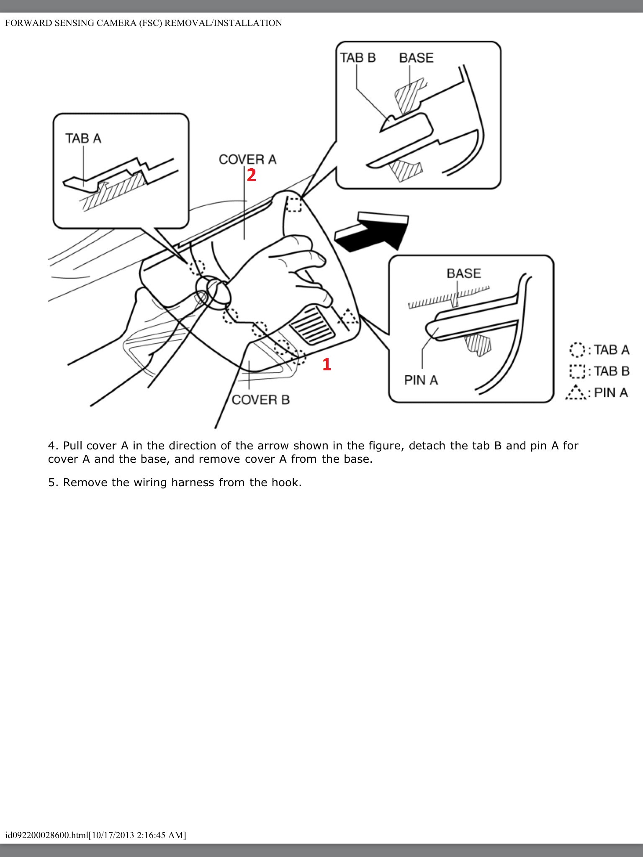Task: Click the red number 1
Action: pyautogui.click(x=327, y=364)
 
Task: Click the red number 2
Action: pyautogui.click(x=251, y=175)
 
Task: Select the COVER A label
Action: pyautogui.click(x=247, y=159)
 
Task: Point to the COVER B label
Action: pyautogui.click(x=260, y=400)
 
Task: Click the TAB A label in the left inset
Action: pyautogui.click(x=83, y=138)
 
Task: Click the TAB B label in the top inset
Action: pyautogui.click(x=358, y=58)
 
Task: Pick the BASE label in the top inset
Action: pyautogui.click(x=416, y=58)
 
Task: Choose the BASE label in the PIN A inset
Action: pyautogui.click(x=464, y=273)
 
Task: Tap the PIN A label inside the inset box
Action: pyautogui.click(x=421, y=380)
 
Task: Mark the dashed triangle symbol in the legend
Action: pyautogui.click(x=577, y=393)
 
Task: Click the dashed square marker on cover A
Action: pyautogui.click(x=293, y=205)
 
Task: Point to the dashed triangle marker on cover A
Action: pyautogui.click(x=350, y=316)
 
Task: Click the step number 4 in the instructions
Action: pyautogui.click(x=52, y=446)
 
